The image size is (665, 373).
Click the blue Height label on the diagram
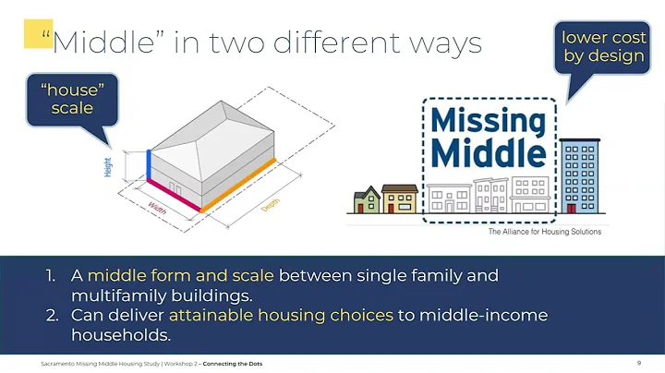coord(108,167)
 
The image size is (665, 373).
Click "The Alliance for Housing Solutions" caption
coord(544,232)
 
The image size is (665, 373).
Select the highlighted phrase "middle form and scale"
coord(180,275)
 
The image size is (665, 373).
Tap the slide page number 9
coord(639,363)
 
